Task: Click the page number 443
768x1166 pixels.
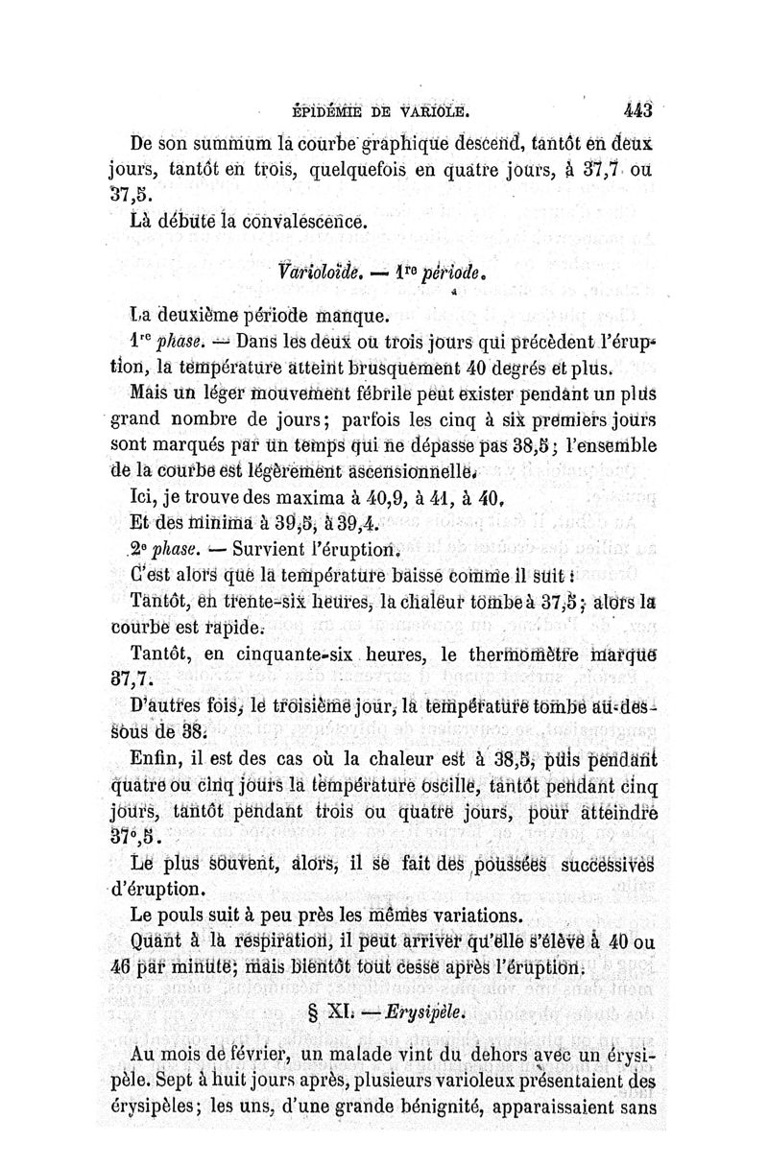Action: [637, 108]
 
